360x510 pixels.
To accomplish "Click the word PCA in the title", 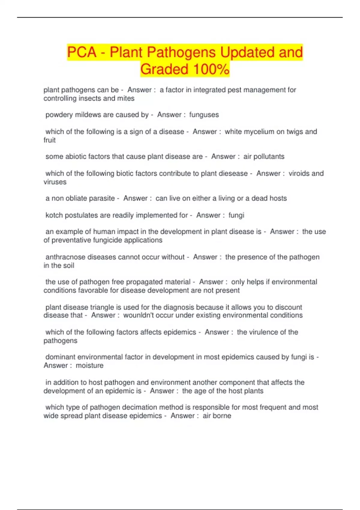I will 82,52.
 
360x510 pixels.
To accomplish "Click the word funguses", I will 204,115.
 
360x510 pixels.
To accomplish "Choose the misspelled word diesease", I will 233,173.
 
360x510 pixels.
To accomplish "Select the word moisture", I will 89,365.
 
